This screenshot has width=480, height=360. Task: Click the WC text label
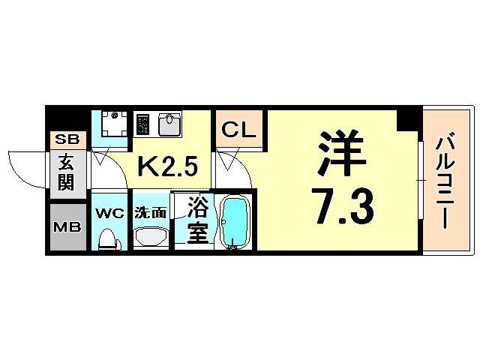coord(110,212)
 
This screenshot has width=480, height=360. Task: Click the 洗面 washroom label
coord(150,212)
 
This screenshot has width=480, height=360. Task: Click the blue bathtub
coord(235,222)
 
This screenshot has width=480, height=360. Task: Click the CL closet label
coord(238,130)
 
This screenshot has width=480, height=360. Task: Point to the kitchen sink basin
coord(169,123)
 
